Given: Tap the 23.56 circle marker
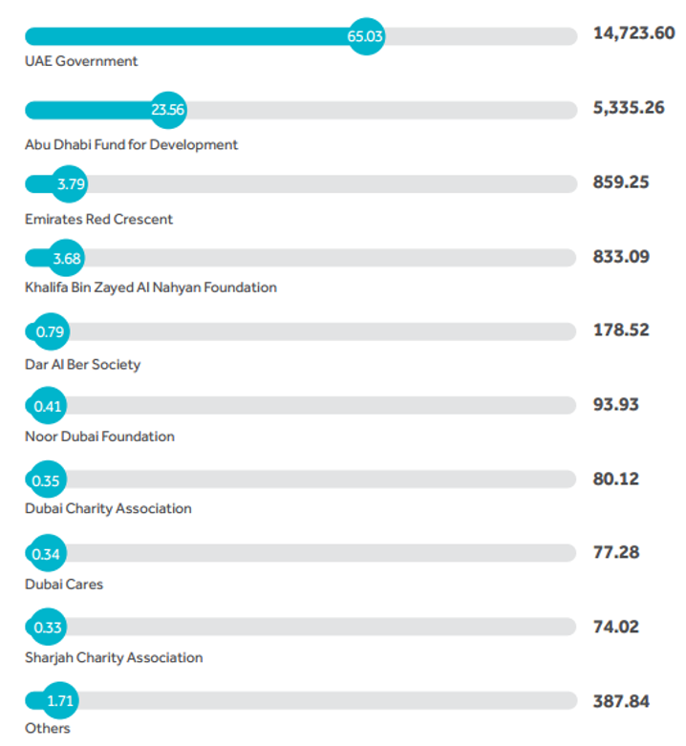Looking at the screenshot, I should [168, 110].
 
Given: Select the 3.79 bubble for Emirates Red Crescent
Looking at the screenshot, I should [71, 184].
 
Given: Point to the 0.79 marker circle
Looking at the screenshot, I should [49, 331].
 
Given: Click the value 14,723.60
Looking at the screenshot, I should [633, 33].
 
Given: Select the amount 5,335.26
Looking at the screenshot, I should [629, 108].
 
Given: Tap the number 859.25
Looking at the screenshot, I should [621, 181].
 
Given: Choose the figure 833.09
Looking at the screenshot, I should [621, 256].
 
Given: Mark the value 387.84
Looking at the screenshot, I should [621, 701].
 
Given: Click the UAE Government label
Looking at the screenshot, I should [81, 61].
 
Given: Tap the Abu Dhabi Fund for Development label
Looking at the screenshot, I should [132, 145].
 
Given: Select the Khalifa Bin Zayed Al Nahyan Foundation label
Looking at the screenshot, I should [151, 288].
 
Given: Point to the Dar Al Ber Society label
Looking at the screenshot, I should [83, 364].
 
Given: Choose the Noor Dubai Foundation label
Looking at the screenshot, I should [99, 437].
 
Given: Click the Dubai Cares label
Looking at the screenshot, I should [64, 584].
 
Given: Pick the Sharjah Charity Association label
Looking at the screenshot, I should [114, 657].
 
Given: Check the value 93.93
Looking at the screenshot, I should [615, 404].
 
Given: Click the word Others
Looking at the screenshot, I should [48, 729].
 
